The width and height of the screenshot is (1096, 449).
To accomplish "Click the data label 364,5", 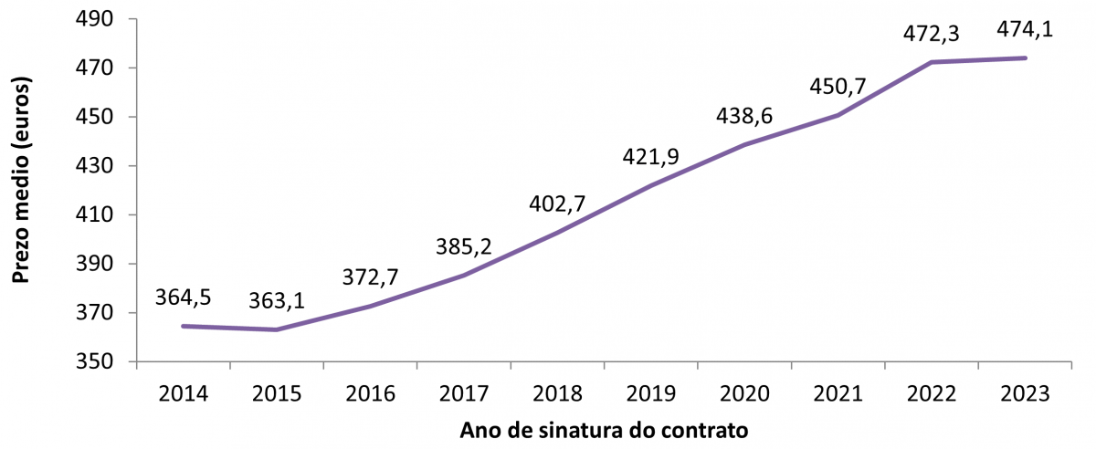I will pyautogui.click(x=184, y=300).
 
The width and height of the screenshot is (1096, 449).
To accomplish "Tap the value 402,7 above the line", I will pyautogui.click(x=558, y=203).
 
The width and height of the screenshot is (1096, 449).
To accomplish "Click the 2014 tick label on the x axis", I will pyautogui.click(x=183, y=394).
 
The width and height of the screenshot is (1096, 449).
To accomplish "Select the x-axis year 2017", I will pyautogui.click(x=464, y=394).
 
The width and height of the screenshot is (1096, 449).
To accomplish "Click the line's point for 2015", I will pyautogui.click(x=277, y=329).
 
